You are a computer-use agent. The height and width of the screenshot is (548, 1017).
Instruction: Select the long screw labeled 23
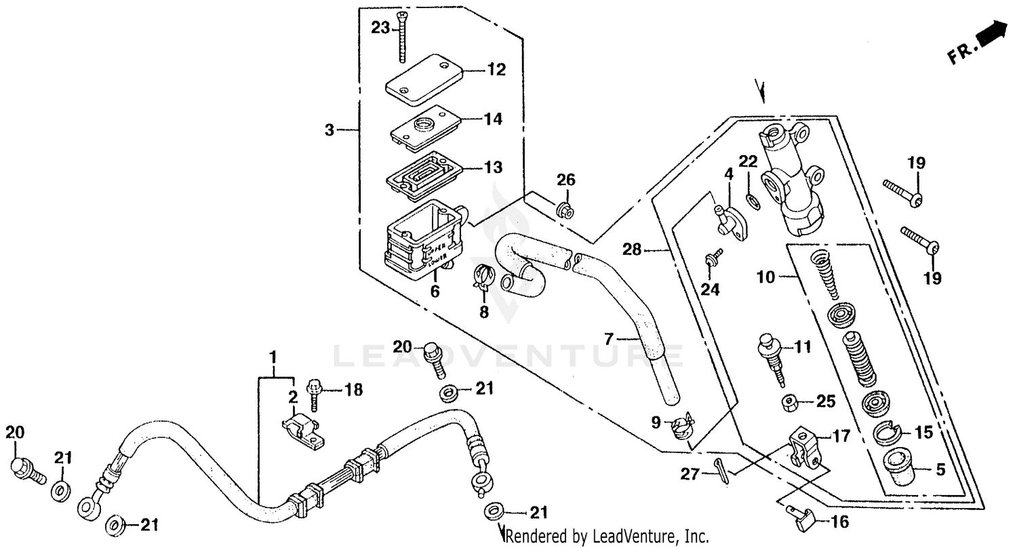click(x=403, y=37)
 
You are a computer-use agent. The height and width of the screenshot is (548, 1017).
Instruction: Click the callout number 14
click(x=493, y=119)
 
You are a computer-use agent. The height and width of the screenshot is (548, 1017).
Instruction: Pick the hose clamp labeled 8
click(x=483, y=276)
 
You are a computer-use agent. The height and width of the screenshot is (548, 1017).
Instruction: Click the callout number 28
click(x=631, y=250)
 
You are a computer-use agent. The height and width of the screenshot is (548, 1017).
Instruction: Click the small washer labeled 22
click(x=751, y=199)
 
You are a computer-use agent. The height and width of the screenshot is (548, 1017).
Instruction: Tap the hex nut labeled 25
click(x=789, y=402)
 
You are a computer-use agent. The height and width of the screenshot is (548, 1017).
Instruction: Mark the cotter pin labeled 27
click(x=723, y=469)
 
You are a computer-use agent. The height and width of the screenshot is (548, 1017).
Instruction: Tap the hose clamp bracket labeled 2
click(x=302, y=431)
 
